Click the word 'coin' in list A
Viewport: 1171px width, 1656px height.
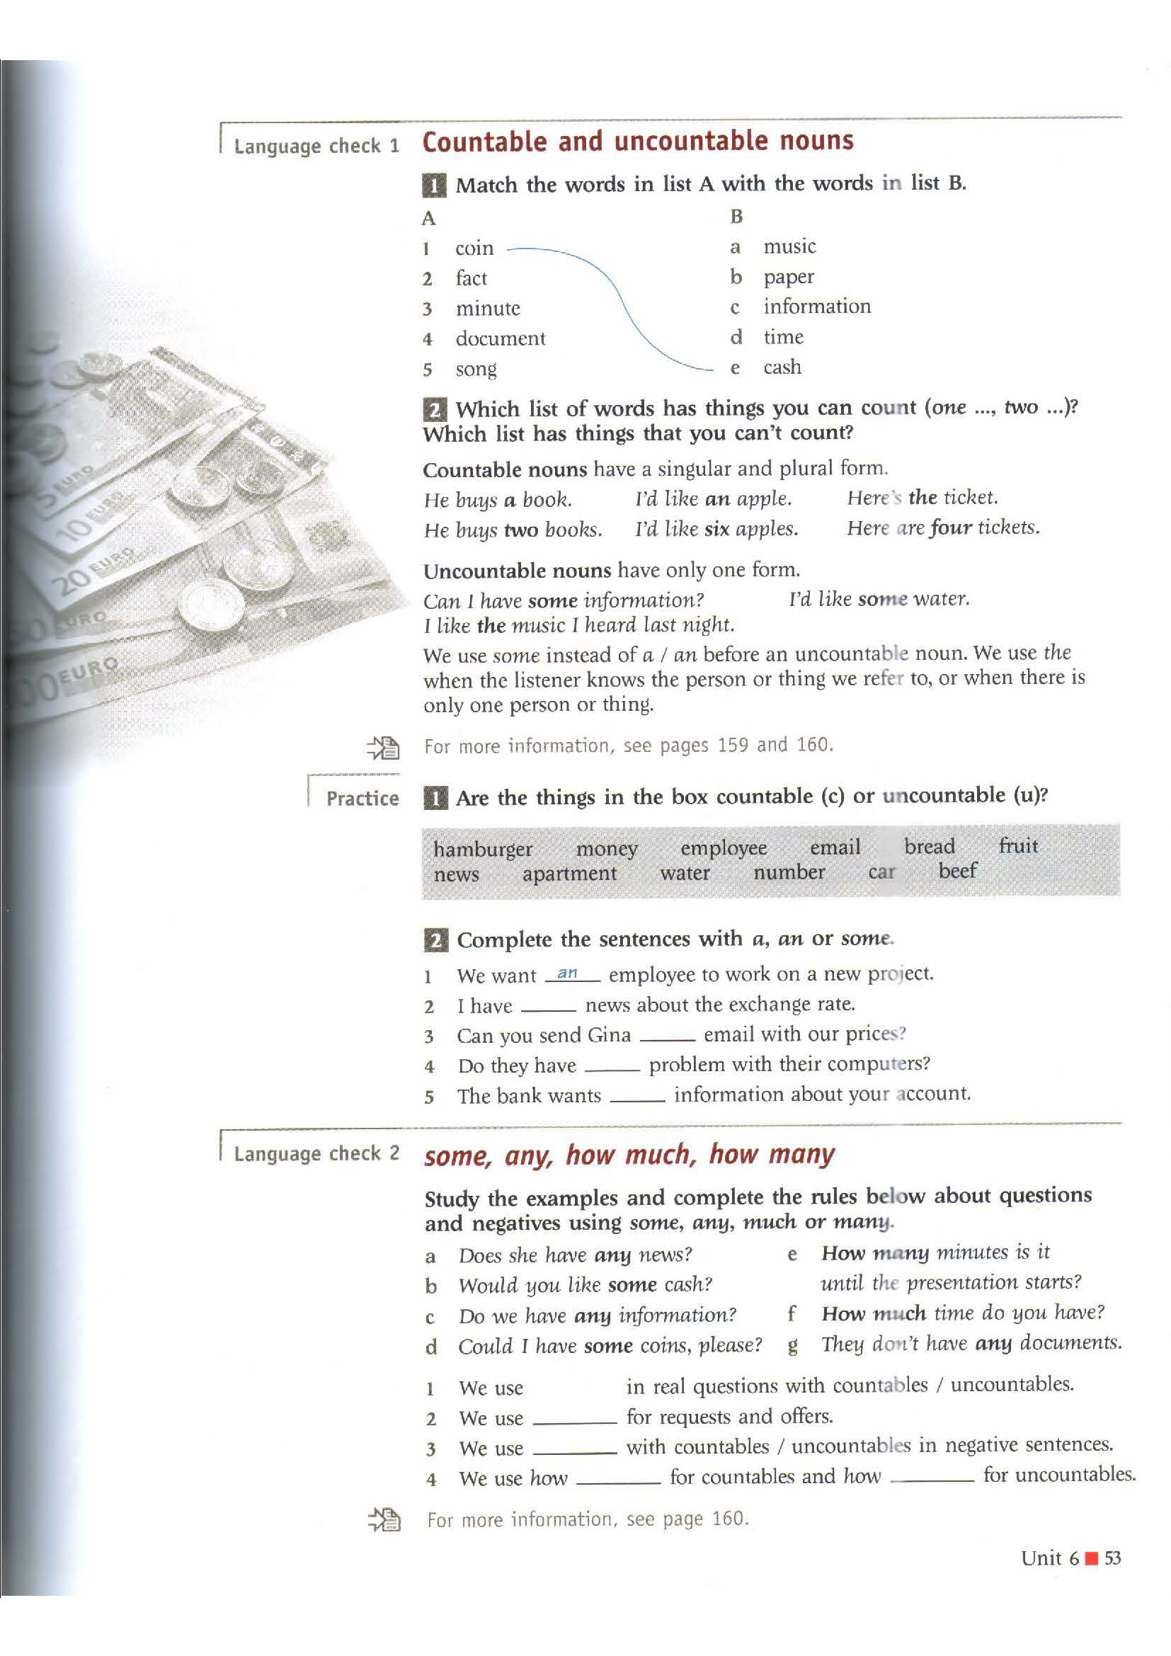tap(474, 248)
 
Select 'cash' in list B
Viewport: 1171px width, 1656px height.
tap(782, 367)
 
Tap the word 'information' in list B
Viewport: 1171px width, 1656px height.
tap(817, 307)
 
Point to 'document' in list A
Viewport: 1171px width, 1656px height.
tap(501, 338)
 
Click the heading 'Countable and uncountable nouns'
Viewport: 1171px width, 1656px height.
tap(637, 142)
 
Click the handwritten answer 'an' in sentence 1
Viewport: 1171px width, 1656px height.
tap(568, 973)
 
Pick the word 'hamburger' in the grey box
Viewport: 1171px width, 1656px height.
tap(482, 848)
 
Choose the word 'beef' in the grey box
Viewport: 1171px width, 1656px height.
tap(957, 872)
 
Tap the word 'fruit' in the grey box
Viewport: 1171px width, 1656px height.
tap(1018, 845)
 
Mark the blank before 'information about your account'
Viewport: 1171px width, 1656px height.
tap(636, 1097)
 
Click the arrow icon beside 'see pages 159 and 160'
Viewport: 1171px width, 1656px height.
tap(383, 747)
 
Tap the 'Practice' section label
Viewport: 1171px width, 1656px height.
tap(362, 799)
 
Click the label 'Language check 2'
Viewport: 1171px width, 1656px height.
tap(316, 1153)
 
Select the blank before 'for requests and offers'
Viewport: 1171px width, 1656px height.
tap(575, 1420)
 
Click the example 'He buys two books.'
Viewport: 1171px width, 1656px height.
tap(512, 530)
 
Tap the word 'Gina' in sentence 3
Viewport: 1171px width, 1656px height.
tap(610, 1036)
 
